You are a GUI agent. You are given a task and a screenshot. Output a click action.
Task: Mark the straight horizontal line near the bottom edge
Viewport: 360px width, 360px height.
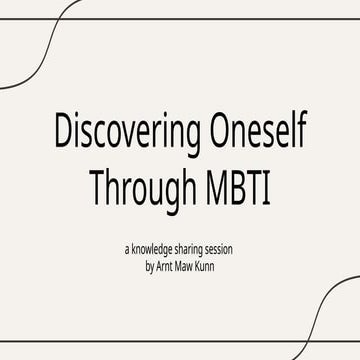[150, 343]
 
